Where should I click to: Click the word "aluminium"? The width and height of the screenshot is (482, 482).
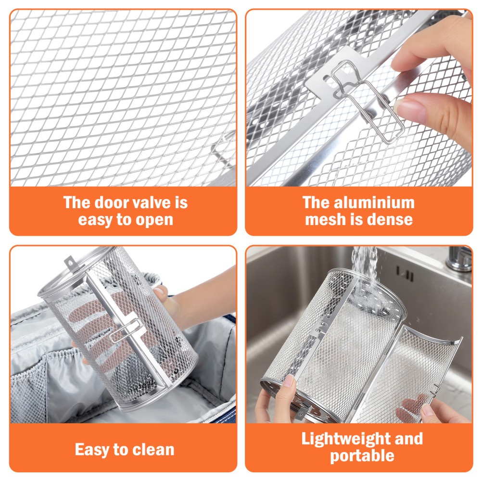374,203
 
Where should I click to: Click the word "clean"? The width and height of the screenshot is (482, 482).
153,450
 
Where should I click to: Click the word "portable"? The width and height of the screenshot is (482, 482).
362,456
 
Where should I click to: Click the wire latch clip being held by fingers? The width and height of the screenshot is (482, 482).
368,101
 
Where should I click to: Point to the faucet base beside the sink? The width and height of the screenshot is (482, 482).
459,259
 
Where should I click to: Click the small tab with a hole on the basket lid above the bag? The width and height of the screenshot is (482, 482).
70,263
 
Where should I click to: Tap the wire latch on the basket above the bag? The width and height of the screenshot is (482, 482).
126,330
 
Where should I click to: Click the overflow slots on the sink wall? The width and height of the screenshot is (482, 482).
405,274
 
